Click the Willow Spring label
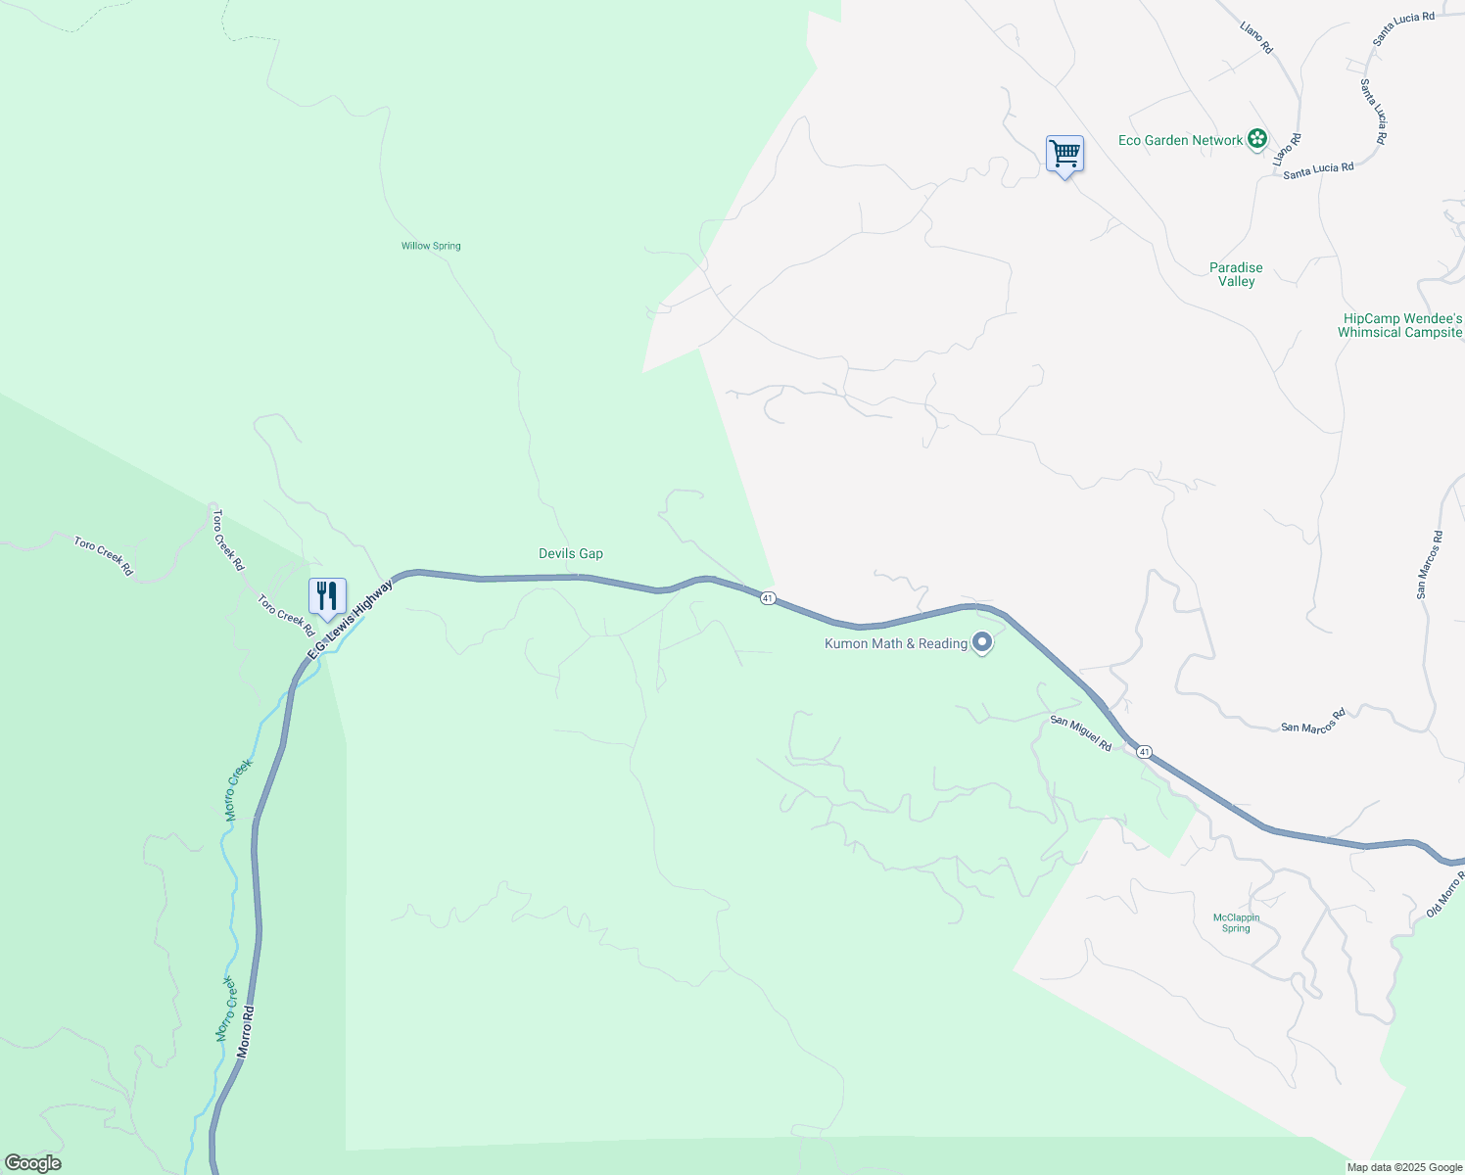431,246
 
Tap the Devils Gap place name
571,553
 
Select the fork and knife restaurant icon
327,594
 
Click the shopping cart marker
1064,154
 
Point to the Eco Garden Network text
1180,140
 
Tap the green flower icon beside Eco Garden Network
1257,140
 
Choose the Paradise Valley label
1236,274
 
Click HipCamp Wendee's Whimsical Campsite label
1400,325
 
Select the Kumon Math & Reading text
896,643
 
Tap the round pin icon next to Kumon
983,642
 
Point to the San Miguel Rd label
1081,733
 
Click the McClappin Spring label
1236,922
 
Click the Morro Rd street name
245,1031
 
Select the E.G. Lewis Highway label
350,620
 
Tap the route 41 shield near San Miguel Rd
1144,751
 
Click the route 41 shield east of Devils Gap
768,597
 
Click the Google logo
32,1162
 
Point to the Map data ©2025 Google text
1404,1167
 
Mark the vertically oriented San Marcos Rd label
1429,564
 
